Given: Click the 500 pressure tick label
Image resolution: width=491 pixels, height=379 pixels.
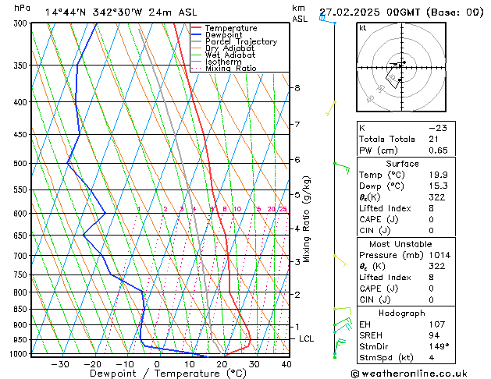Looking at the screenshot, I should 21,164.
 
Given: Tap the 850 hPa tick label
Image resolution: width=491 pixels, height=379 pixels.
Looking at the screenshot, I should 21,310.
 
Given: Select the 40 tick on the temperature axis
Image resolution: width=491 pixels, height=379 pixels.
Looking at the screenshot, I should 286,363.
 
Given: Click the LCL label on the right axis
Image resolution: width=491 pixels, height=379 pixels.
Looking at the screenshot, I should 307,338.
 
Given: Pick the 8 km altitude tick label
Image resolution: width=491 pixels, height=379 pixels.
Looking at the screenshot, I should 297,88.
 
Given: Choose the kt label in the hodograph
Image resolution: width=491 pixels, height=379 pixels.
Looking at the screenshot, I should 362,27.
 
